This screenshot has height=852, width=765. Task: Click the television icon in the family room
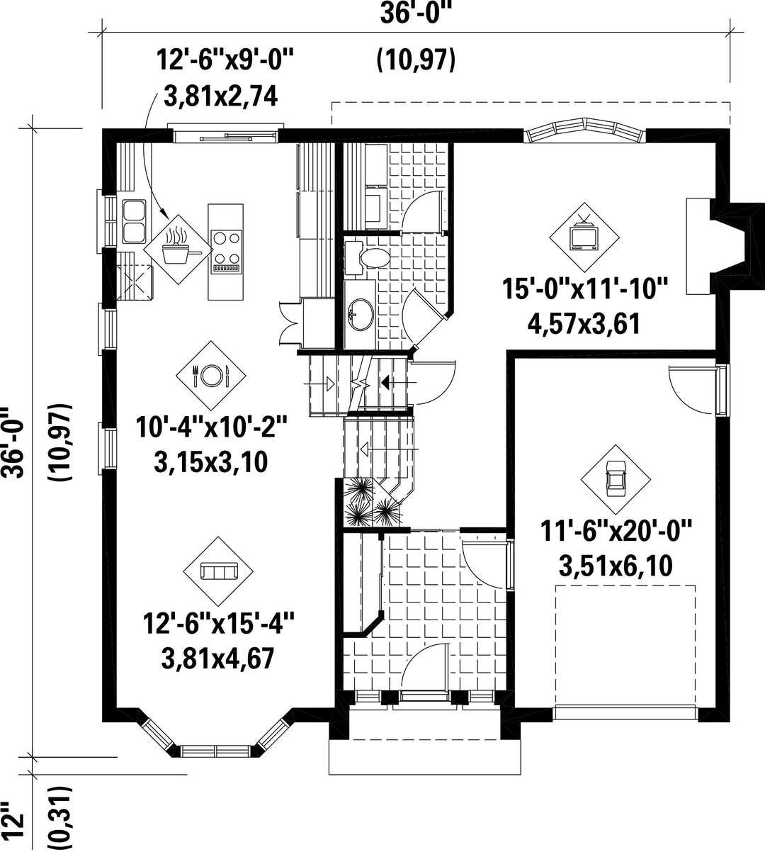tap(584, 237)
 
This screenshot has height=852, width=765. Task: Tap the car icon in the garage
tap(616, 479)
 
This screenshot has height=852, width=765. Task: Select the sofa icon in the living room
tap(219, 571)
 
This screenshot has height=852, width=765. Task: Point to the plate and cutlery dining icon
tap(210, 375)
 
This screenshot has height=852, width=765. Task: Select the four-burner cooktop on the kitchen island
tap(227, 251)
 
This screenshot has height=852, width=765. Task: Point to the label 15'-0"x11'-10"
tap(585, 288)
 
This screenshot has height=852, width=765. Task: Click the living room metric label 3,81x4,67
tap(217, 658)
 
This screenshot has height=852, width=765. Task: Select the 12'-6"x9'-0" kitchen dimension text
tap(225, 60)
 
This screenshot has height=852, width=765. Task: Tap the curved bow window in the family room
tap(584, 131)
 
